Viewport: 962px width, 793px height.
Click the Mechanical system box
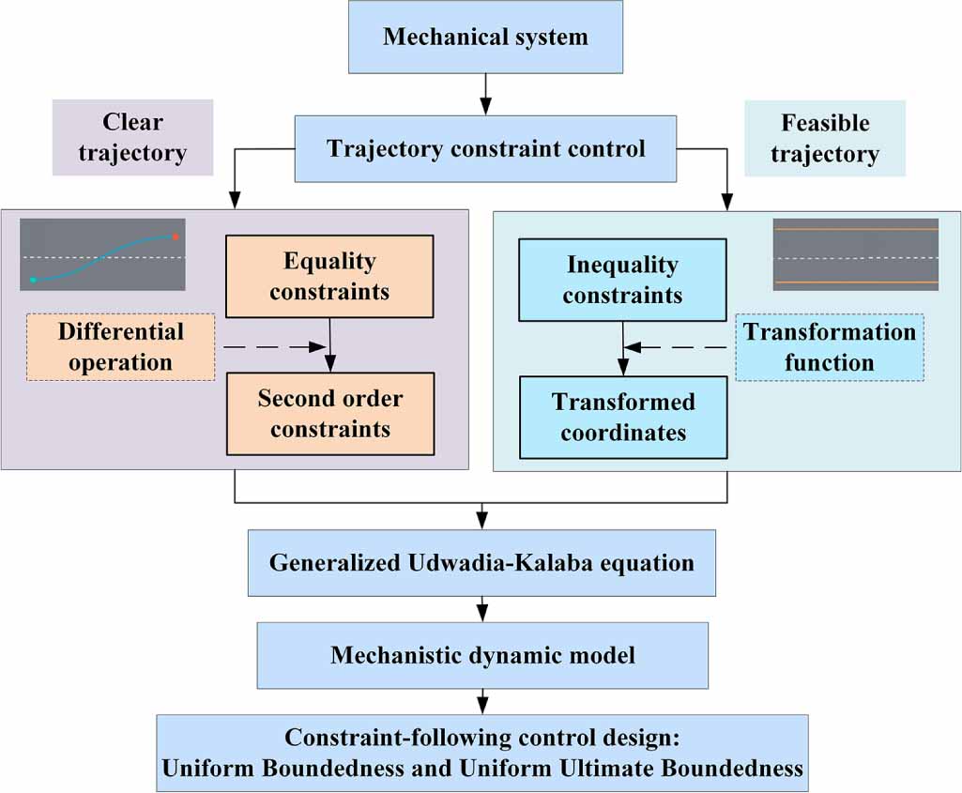tap(485, 38)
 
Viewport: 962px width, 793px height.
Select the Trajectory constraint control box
tap(485, 148)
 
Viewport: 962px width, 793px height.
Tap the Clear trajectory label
tap(132, 137)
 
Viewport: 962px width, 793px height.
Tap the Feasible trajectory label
tap(824, 138)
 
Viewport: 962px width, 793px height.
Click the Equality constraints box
tap(329, 276)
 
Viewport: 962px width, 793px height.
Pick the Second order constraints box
tap(329, 413)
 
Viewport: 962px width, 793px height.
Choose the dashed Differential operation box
tap(120, 346)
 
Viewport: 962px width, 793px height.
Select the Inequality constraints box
tap(622, 280)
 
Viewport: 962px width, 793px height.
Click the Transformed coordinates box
tap(622, 417)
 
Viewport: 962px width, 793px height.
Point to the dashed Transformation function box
tap(829, 346)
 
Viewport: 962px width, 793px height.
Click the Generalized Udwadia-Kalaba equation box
tap(481, 563)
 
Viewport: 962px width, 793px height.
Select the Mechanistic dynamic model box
tap(482, 654)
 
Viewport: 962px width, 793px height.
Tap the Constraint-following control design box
tap(482, 753)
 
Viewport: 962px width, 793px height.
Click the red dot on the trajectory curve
tap(175, 237)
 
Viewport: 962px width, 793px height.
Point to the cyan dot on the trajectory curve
tap(33, 280)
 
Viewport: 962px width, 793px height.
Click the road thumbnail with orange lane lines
tap(855, 254)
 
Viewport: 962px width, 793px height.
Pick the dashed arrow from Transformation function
tap(678, 347)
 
